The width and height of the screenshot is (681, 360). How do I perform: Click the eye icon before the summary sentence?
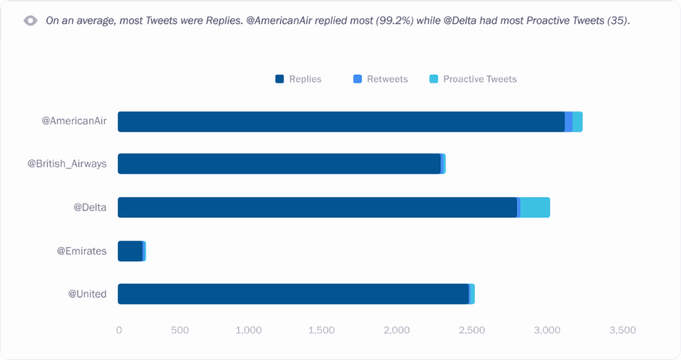pyautogui.click(x=31, y=21)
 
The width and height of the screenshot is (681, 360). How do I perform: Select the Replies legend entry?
pyautogui.click(x=299, y=79)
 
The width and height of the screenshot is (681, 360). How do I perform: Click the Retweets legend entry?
pyautogui.click(x=381, y=79)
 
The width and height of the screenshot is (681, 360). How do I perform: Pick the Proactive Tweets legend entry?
pyautogui.click(x=473, y=79)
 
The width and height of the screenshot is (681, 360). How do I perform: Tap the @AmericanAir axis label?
pyautogui.click(x=74, y=122)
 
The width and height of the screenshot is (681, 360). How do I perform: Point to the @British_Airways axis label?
pyautogui.click(x=67, y=164)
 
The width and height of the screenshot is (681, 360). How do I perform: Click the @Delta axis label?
pyautogui.click(x=90, y=208)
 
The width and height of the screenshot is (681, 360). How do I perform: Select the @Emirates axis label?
pyautogui.click(x=81, y=251)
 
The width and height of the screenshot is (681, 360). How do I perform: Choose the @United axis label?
pyautogui.click(x=87, y=294)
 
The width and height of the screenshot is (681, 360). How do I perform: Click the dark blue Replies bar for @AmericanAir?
pyautogui.click(x=340, y=122)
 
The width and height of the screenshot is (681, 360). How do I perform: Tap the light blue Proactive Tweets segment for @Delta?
pyautogui.click(x=535, y=208)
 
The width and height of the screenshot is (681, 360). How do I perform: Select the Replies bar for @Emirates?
pyautogui.click(x=130, y=251)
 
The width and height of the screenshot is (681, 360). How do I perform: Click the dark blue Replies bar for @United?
pyautogui.click(x=293, y=294)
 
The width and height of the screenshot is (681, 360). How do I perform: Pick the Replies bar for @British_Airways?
pyautogui.click(x=279, y=164)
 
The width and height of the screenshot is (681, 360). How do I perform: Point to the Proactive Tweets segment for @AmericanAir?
pyautogui.click(x=577, y=122)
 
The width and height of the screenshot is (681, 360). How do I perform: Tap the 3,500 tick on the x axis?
pyautogui.click(x=622, y=330)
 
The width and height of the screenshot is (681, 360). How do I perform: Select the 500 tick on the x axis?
pyautogui.click(x=180, y=330)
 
